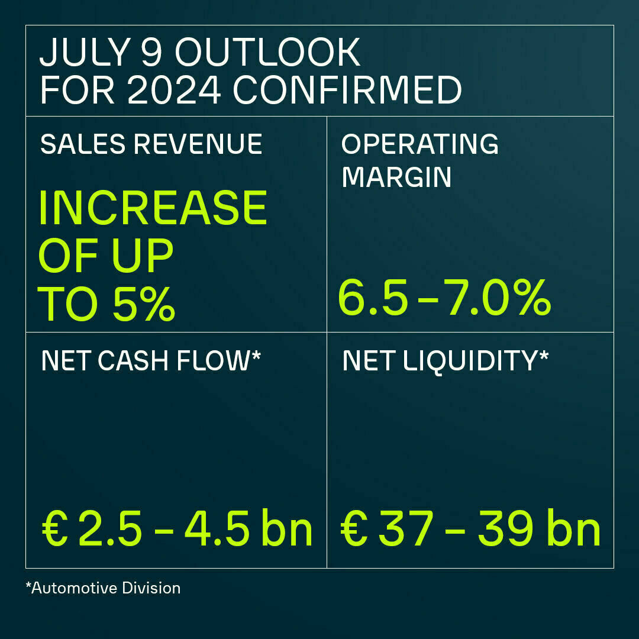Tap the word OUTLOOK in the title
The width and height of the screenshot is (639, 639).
click(x=267, y=53)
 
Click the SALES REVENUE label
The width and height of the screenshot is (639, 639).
click(x=151, y=144)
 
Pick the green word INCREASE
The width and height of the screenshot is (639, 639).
click(x=153, y=208)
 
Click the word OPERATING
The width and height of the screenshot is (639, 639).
click(x=420, y=144)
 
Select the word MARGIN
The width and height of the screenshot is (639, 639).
click(x=396, y=177)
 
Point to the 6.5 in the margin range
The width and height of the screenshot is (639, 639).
click(x=373, y=299)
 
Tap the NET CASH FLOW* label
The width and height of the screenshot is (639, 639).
click(x=151, y=361)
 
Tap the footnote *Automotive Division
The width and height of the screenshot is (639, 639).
click(x=103, y=588)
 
